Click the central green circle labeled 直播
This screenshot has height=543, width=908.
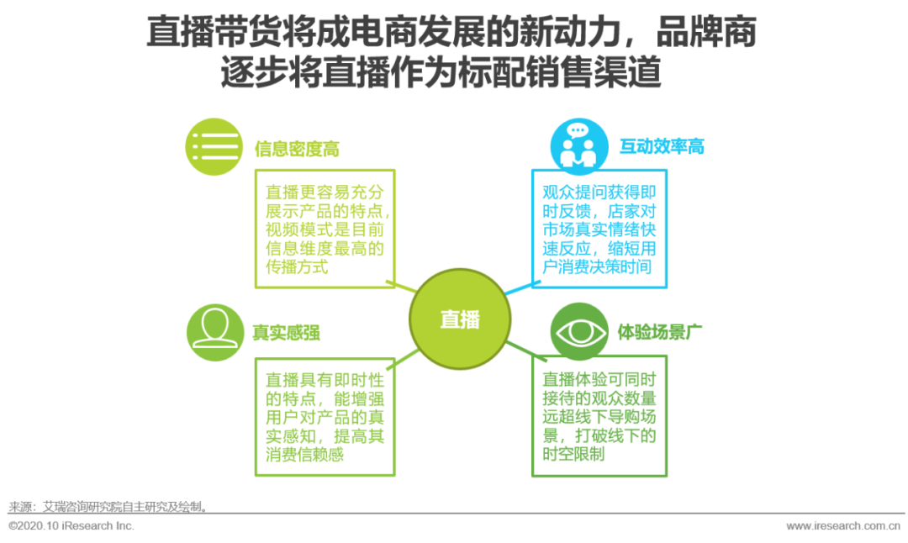click(459, 319)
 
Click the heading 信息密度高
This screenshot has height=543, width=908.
click(297, 149)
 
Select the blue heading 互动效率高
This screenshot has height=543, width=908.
click(662, 146)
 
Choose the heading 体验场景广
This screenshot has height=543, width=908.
click(660, 332)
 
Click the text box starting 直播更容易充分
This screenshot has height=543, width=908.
click(325, 228)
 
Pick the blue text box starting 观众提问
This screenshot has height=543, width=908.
click(599, 228)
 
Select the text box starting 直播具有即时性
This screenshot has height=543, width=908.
click(325, 415)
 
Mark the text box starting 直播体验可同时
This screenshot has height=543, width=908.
click(599, 415)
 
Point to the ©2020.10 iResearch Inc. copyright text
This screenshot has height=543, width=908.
click(71, 526)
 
